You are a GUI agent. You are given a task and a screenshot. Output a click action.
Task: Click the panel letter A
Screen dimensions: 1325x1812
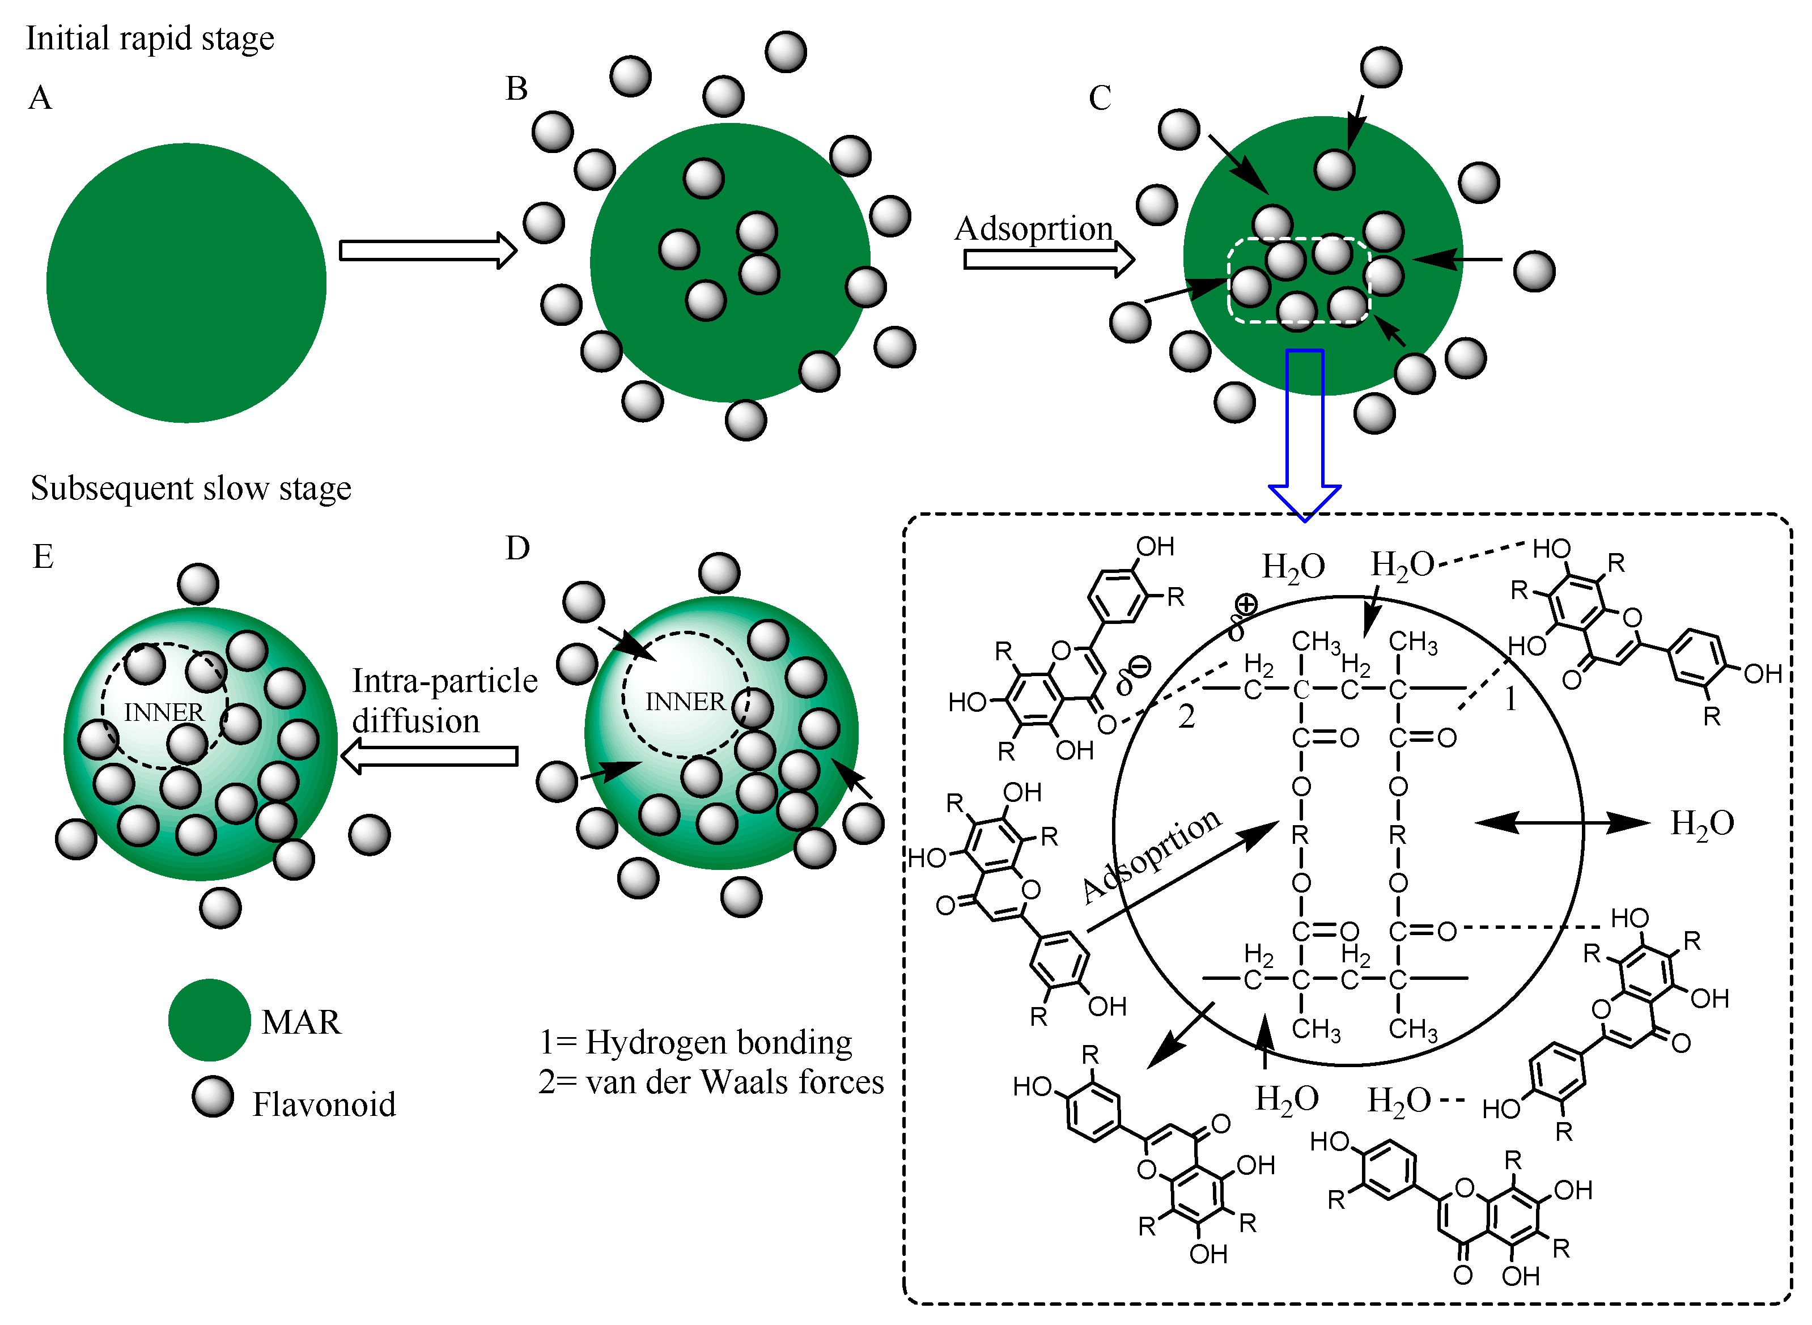(x=40, y=99)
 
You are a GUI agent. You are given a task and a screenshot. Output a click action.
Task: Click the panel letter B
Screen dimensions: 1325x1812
(x=516, y=89)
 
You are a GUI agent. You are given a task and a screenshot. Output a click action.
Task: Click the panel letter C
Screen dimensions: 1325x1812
(x=1099, y=99)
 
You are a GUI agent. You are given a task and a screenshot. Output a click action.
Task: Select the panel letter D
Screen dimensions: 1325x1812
(x=517, y=549)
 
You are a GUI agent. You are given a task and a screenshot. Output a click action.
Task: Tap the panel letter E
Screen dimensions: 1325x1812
(x=43, y=557)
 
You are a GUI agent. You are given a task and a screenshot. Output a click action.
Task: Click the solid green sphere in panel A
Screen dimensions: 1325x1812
(x=186, y=282)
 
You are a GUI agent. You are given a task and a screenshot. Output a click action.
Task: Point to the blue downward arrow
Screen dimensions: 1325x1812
(x=1304, y=433)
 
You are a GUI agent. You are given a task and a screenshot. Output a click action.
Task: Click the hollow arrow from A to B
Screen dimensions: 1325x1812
(x=427, y=250)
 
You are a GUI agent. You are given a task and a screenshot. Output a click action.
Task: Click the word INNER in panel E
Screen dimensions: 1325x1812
(x=164, y=712)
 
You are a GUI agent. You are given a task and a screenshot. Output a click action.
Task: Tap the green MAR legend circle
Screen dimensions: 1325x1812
(x=209, y=1020)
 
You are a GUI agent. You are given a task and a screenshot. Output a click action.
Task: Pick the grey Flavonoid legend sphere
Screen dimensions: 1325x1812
(x=213, y=1097)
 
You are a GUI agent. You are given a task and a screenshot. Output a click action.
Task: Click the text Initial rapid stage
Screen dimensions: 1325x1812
(x=150, y=39)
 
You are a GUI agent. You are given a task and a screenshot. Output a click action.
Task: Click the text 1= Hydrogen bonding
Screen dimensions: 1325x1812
(x=695, y=1042)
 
